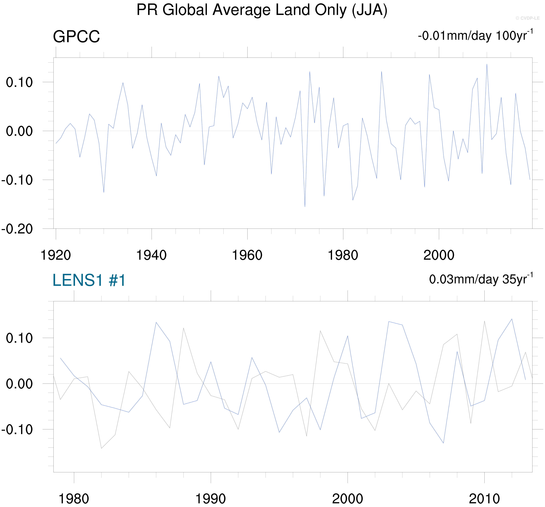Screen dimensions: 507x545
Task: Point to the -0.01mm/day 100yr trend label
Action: point(475,36)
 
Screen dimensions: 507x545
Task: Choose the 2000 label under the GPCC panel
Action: point(439,255)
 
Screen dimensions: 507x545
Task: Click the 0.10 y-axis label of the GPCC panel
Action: point(19,82)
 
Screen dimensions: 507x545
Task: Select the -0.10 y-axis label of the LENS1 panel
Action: point(17,429)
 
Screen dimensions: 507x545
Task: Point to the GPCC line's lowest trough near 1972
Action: point(305,206)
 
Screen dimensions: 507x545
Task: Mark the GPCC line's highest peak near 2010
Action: point(487,64)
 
